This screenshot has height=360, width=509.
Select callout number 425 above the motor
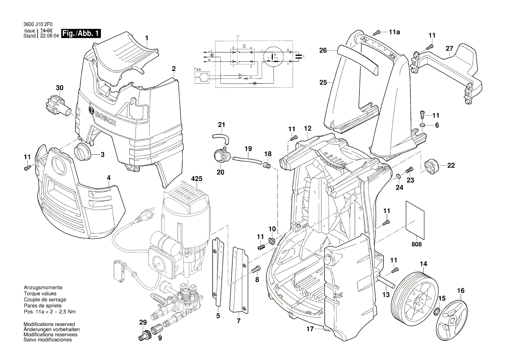(197, 179)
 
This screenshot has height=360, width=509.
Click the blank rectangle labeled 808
(415, 217)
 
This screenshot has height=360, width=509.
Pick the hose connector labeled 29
(144, 336)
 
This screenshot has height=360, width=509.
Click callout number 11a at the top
(394, 32)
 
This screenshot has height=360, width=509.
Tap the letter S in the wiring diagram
(244, 46)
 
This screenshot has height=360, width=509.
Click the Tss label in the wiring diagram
(198, 69)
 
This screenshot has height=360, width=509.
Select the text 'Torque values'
(39, 294)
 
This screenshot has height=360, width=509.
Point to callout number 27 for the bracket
(449, 49)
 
